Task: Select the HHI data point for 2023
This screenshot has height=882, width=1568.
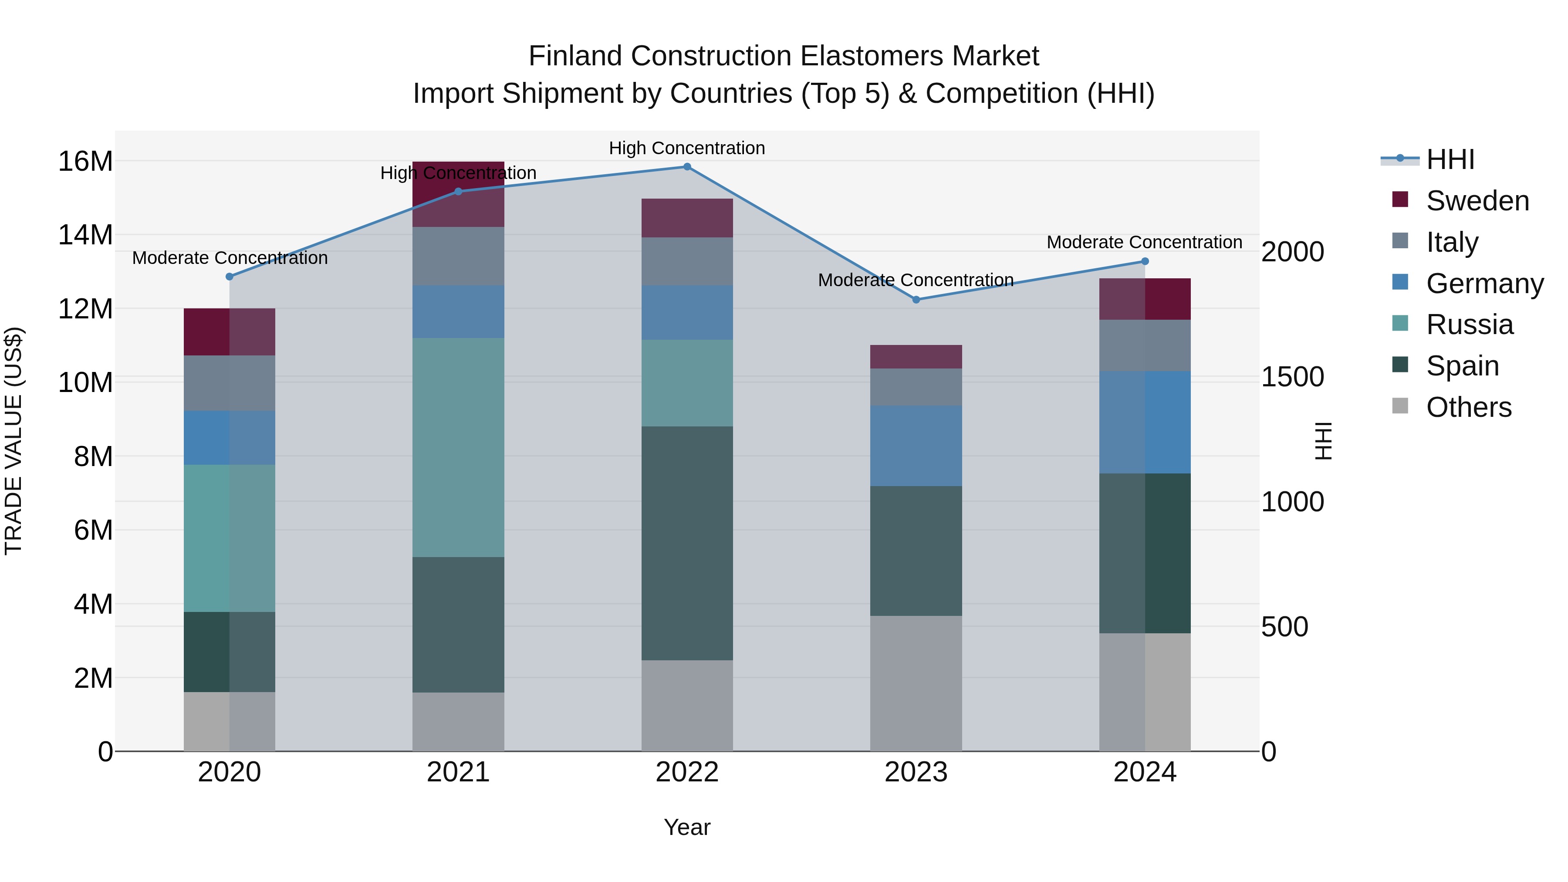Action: (x=916, y=300)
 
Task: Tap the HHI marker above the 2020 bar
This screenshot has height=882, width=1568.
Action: (x=230, y=276)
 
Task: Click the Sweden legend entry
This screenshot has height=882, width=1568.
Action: (x=1477, y=201)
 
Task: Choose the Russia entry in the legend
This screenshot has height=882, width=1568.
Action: (x=1470, y=324)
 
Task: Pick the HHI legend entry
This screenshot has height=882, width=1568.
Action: (x=1450, y=159)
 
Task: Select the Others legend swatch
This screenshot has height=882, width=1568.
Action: (x=1400, y=406)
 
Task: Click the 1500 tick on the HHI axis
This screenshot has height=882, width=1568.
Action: (x=1292, y=377)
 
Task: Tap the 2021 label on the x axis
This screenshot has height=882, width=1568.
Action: (x=458, y=772)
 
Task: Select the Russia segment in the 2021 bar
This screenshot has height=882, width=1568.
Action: (x=458, y=447)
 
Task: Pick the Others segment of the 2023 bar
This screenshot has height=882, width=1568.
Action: (x=916, y=683)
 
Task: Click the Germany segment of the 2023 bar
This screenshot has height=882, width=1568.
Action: (x=916, y=446)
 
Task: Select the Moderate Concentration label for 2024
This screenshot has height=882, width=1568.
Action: (x=1144, y=242)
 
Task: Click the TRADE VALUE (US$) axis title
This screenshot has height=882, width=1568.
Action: (x=14, y=441)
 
